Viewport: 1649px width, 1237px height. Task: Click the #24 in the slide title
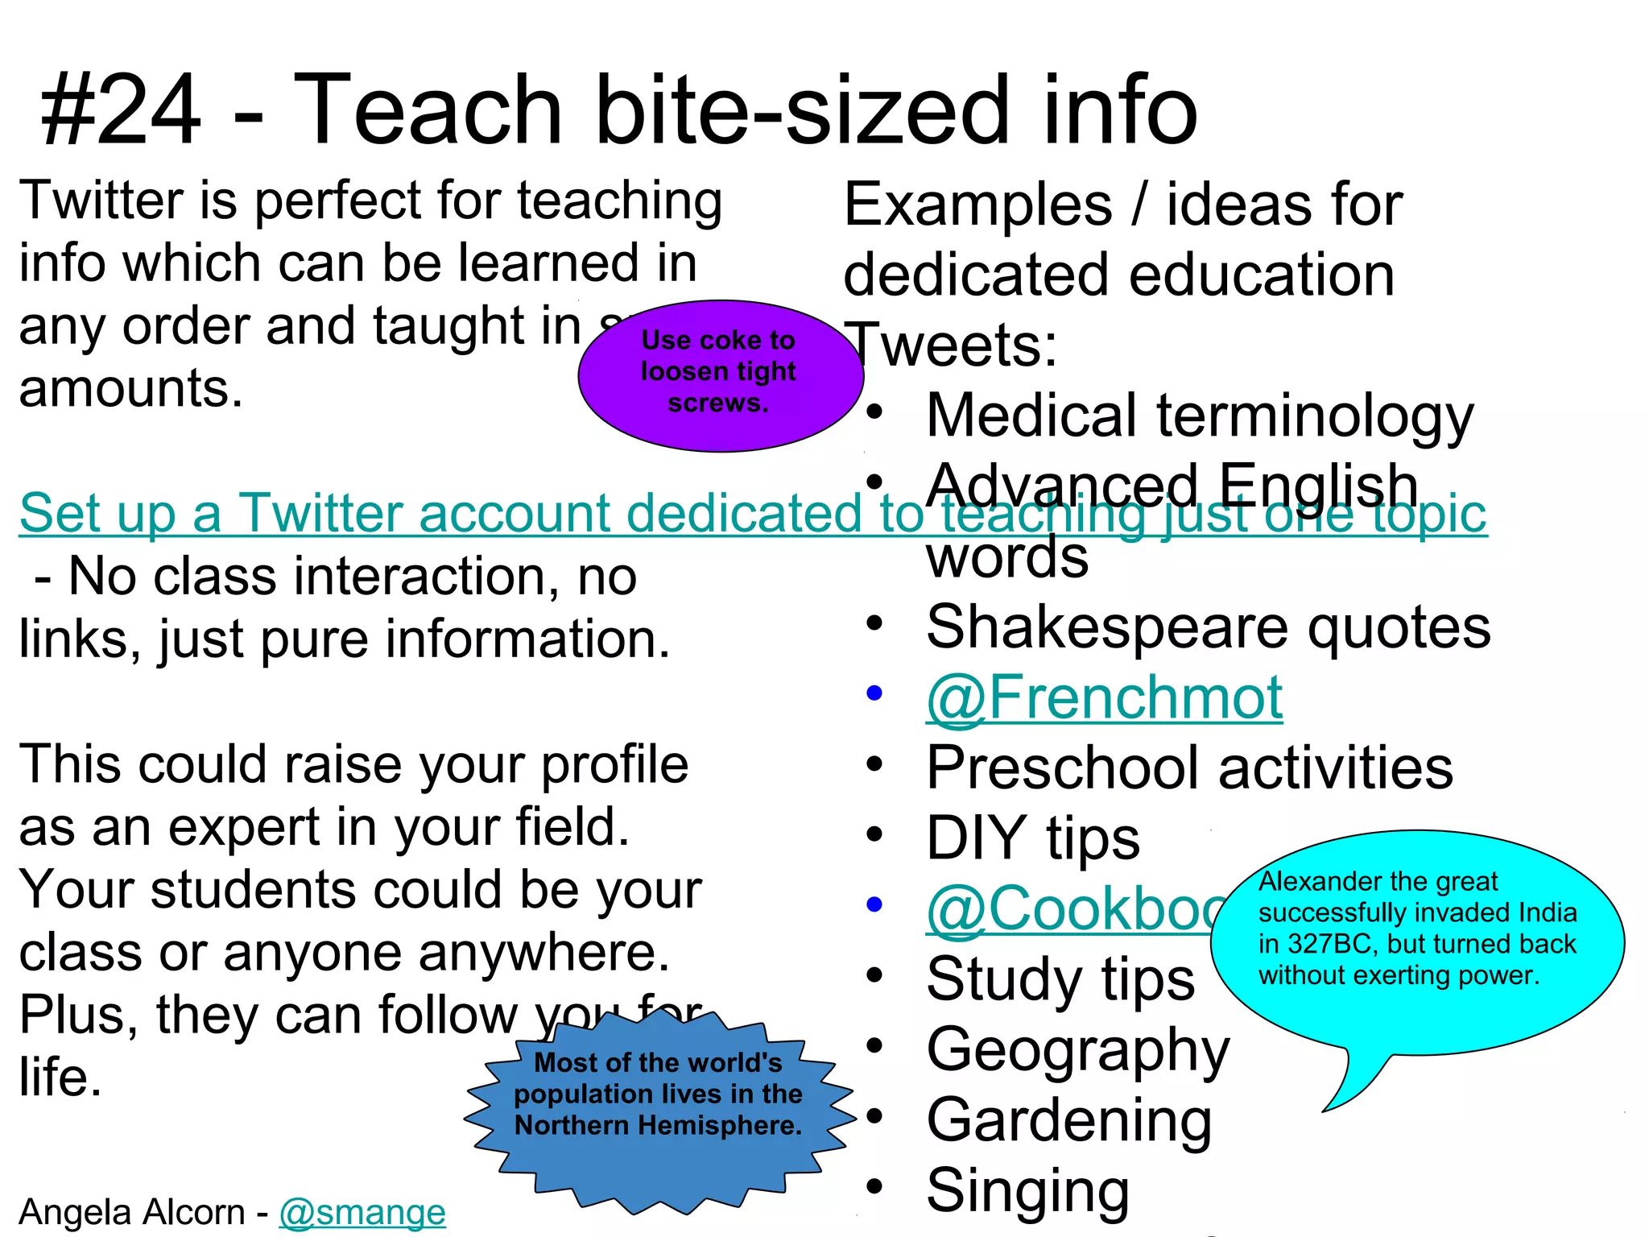(121, 110)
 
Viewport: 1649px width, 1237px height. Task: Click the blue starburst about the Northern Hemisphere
(659, 1111)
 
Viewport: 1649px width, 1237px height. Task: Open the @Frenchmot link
(1104, 697)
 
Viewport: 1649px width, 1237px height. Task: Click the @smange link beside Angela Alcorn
(362, 1212)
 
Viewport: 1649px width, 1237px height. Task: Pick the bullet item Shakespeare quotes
(1208, 627)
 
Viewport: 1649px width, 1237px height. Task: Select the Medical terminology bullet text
(1200, 416)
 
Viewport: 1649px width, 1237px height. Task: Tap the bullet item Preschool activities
(1189, 767)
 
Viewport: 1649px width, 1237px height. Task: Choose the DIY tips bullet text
(1033, 838)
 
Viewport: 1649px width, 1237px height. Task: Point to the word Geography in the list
(1078, 1049)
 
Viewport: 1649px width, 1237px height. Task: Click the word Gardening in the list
(1069, 1120)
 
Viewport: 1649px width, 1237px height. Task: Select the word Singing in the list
(1028, 1191)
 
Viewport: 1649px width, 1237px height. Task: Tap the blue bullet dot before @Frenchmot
(874, 693)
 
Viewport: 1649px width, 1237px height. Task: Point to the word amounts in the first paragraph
(130, 389)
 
